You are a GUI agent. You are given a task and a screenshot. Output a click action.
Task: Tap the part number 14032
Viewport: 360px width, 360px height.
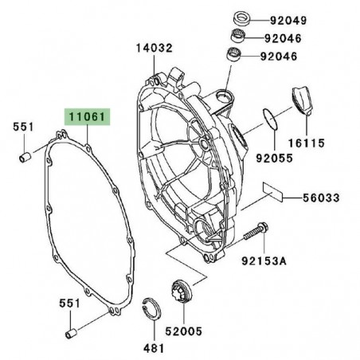[153, 48]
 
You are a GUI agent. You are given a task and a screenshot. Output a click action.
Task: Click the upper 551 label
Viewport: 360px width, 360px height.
[24, 127]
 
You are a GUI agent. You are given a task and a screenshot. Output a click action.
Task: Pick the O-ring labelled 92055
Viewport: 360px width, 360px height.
[270, 119]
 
